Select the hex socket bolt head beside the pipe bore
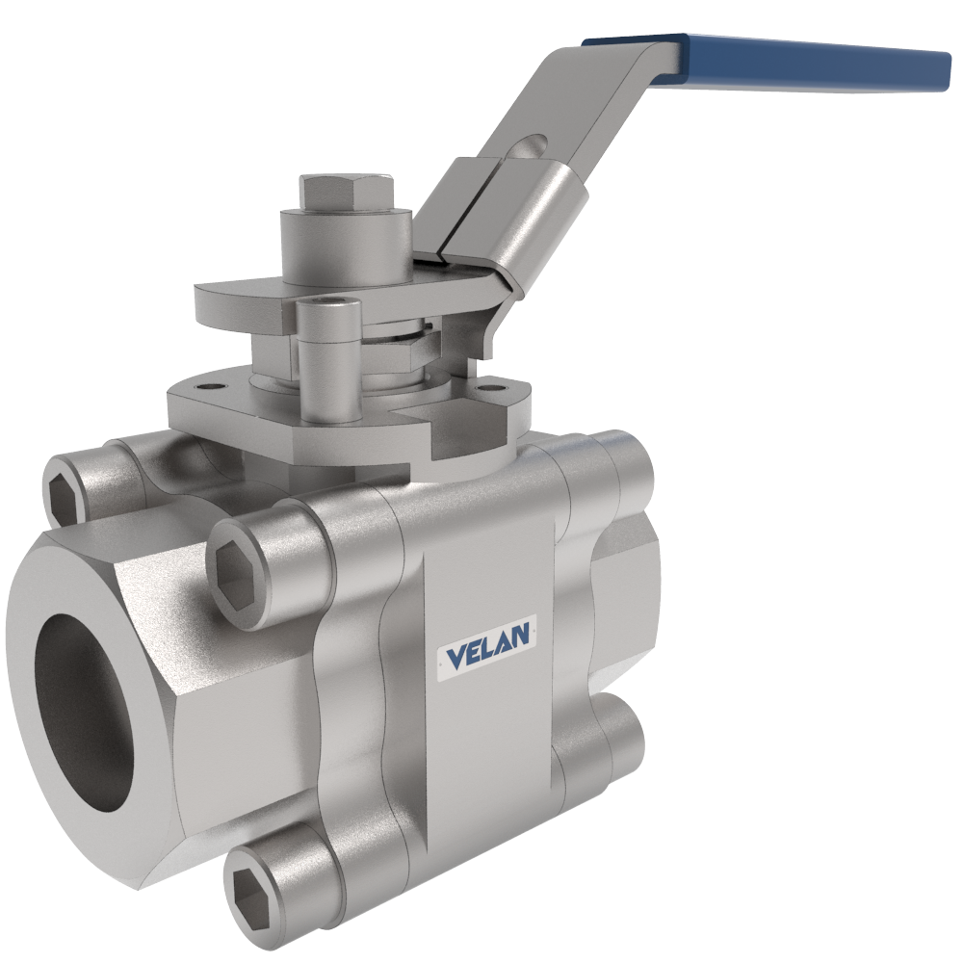tap(237, 573)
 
